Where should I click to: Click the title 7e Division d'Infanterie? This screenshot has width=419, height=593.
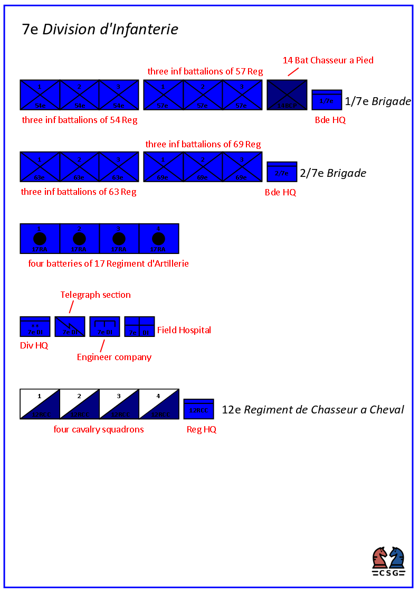click(100, 29)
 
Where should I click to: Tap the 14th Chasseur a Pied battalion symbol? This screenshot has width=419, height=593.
click(287, 95)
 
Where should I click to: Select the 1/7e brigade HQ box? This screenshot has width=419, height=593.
click(327, 100)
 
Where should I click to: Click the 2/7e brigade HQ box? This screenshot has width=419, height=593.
click(282, 172)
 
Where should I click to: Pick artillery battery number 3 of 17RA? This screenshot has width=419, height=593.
click(119, 239)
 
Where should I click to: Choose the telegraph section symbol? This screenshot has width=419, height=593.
click(70, 327)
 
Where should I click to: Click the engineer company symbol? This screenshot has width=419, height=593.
click(104, 327)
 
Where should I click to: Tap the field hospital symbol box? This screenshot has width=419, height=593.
click(139, 327)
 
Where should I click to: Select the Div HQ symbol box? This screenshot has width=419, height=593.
click(35, 327)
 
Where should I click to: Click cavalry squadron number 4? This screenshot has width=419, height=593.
click(159, 404)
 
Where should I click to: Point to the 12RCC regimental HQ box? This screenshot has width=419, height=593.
click(198, 409)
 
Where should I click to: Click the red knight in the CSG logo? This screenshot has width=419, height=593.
click(380, 558)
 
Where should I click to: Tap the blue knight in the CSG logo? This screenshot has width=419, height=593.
click(397, 558)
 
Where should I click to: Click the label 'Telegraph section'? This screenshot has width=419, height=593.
click(96, 295)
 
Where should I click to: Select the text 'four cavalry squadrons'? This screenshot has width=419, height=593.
click(99, 429)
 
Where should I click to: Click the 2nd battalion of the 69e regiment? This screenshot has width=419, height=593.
click(203, 167)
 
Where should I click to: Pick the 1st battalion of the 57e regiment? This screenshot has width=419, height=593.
click(163, 95)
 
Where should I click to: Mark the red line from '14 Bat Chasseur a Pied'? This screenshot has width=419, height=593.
click(293, 71)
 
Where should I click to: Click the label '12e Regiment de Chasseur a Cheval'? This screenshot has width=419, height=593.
click(313, 409)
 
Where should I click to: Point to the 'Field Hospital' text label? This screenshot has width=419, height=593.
click(184, 330)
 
